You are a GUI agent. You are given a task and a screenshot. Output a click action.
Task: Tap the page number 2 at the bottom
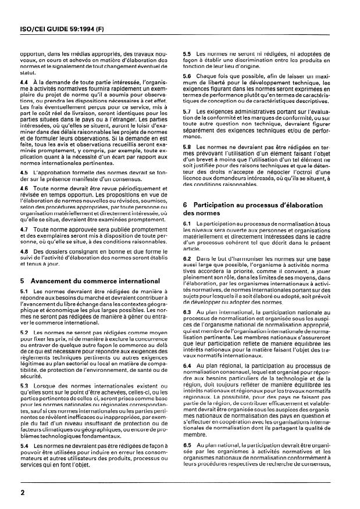click(20, 491)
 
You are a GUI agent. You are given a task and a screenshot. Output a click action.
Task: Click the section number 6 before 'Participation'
click(186, 206)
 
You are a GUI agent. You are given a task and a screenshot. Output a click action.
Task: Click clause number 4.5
click(24, 173)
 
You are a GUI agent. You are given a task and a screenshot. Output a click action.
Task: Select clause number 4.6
click(24, 189)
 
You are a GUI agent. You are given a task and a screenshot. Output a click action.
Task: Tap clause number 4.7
click(24, 228)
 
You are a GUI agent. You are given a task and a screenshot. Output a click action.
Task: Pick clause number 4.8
click(24, 251)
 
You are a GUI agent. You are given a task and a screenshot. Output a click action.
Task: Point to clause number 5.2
click(24, 330)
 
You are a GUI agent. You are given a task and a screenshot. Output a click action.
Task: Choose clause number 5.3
click(24, 385)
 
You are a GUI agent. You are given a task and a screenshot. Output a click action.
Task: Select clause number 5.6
click(187, 76)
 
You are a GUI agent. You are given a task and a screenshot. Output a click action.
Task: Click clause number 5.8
click(187, 146)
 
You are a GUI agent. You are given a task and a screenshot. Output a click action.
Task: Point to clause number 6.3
click(187, 311)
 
